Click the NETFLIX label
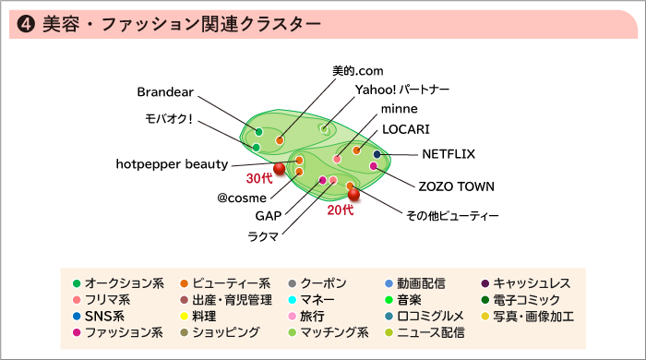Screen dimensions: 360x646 coord(449,154)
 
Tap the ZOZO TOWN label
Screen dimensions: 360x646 coord(457,186)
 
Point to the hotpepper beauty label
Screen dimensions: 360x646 coord(172,164)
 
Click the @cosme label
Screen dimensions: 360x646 coord(242,198)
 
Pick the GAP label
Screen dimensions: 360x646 coord(268,216)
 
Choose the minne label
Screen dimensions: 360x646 coord(399,109)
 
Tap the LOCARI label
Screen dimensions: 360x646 coord(406,129)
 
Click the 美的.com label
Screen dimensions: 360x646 coord(357,70)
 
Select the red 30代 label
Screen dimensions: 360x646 coord(259,177)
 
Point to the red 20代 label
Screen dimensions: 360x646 coord(341,210)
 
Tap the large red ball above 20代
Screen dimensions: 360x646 coord(353,194)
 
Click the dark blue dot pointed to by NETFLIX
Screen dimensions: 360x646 coord(377,154)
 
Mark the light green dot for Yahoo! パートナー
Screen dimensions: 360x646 coord(324,128)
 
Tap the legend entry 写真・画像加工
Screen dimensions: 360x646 coord(533,317)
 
